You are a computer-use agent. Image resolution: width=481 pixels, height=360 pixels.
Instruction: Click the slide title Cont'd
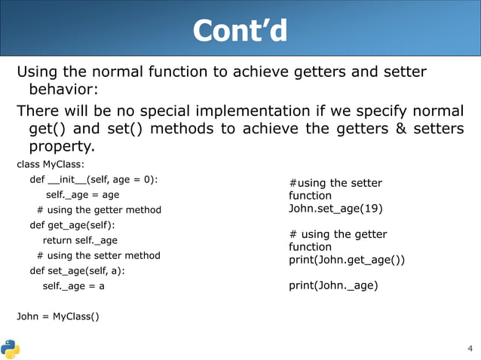point(240,30)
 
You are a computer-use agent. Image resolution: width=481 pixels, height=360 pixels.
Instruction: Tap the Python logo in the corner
point(11,349)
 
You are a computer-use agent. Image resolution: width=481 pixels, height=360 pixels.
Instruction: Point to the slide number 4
point(469,348)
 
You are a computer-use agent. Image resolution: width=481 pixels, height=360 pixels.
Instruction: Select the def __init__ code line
point(93,179)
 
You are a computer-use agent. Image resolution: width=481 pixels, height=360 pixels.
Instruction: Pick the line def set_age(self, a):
point(77,270)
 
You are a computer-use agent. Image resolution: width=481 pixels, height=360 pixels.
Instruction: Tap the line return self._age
point(80,240)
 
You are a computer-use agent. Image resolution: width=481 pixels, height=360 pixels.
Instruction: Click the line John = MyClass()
point(57,316)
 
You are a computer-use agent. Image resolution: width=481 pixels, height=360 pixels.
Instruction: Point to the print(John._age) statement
point(333,285)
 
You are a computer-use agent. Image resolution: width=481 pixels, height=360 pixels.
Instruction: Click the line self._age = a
point(74,286)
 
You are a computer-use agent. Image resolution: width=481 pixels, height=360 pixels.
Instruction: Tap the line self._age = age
point(82,194)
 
